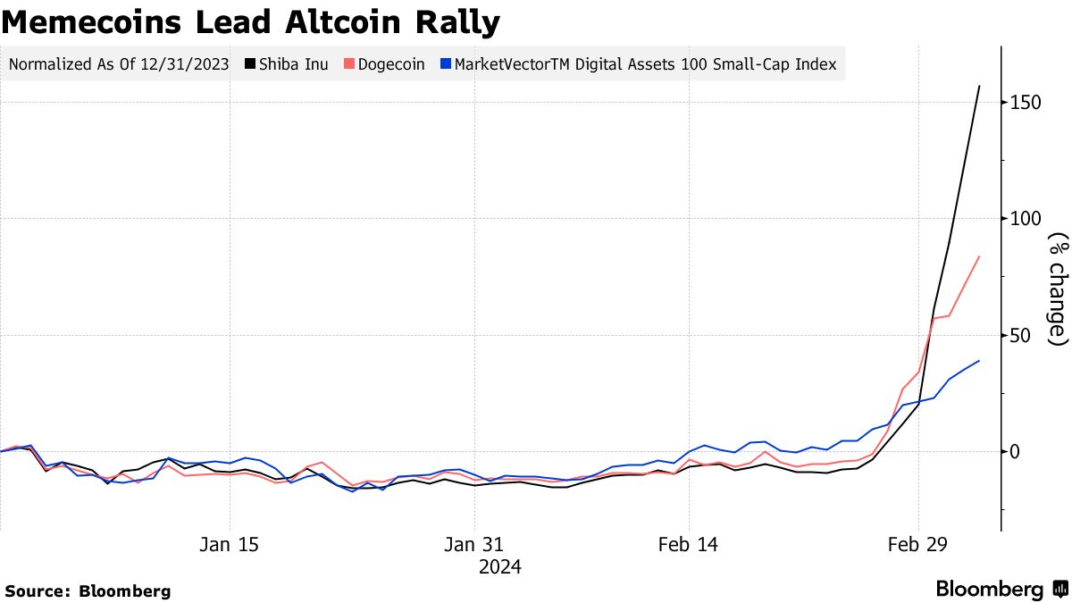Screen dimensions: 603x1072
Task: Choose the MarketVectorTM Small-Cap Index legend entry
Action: [x=643, y=64]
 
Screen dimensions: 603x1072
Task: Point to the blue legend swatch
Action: [x=446, y=64]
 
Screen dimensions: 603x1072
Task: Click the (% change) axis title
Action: [x=1059, y=289]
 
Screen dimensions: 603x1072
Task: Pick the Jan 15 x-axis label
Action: [x=230, y=544]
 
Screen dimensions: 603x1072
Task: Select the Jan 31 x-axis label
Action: [x=475, y=544]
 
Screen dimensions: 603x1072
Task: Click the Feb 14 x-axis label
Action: [x=689, y=544]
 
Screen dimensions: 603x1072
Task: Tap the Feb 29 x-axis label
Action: [x=918, y=544]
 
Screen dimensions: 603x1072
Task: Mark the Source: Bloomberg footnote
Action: [x=88, y=590]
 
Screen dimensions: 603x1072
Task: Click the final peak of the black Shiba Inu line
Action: [x=980, y=86]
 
